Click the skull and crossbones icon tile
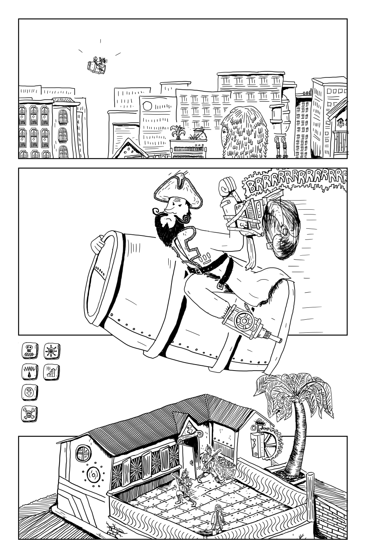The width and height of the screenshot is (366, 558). [30, 414]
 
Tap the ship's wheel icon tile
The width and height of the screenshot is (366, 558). [52, 351]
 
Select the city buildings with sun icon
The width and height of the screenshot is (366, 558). [52, 372]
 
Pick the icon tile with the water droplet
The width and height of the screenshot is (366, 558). [30, 372]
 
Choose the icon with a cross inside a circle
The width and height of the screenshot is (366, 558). [30, 393]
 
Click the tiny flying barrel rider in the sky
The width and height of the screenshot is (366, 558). [97, 65]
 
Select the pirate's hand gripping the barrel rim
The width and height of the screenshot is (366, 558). [98, 245]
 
